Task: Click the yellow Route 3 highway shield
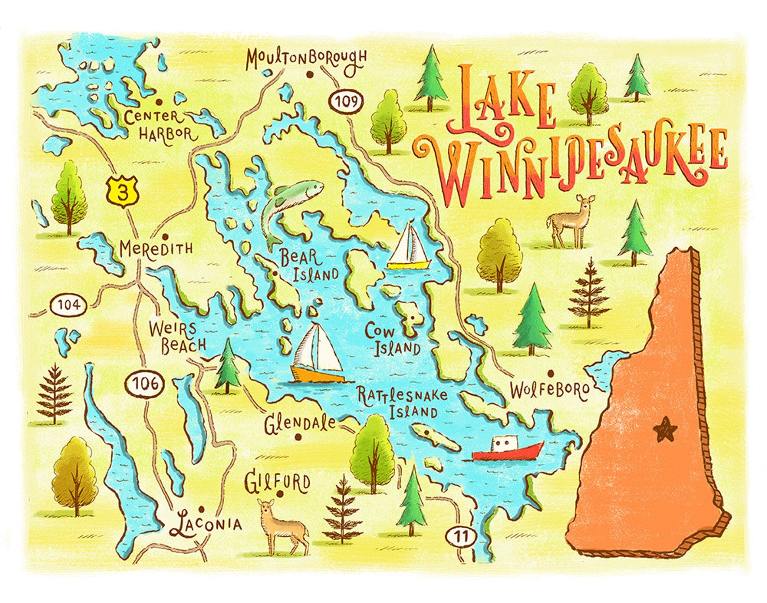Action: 124,191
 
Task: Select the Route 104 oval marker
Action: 69,305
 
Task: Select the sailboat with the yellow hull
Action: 409,247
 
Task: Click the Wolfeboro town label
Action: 549,390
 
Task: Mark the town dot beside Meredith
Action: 165,237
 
